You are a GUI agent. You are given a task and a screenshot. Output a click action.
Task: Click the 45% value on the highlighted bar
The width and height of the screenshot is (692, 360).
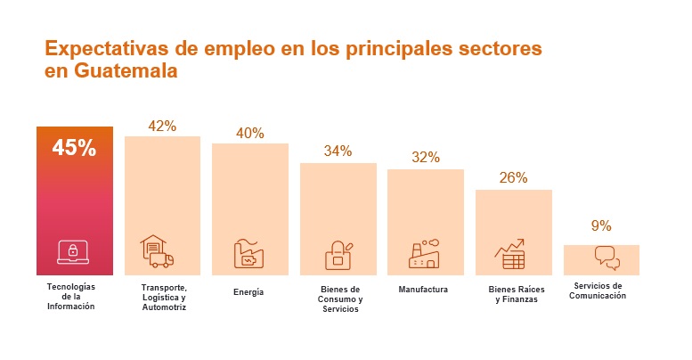tap(75, 148)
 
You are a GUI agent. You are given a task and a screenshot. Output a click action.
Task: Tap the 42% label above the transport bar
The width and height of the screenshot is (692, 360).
tap(162, 126)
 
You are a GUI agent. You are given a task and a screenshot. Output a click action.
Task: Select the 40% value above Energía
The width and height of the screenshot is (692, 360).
tap(250, 133)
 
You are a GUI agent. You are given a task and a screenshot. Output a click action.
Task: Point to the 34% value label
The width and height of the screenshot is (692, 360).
tap(338, 151)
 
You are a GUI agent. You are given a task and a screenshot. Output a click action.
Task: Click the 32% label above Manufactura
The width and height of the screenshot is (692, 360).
tap(426, 158)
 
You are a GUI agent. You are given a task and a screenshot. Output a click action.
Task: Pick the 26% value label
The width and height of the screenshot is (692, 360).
tap(513, 177)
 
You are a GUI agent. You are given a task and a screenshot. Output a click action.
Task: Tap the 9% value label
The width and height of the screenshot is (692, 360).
tap(601, 225)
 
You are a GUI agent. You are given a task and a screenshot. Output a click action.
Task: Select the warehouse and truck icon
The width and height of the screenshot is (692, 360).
tap(157, 252)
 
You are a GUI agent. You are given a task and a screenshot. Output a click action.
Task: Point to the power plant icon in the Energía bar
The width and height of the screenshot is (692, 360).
tap(248, 254)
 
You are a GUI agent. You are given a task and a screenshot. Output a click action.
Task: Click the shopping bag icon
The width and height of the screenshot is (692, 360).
tap(338, 256)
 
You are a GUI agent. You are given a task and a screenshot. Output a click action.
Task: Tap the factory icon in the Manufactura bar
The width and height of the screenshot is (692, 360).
tap(424, 254)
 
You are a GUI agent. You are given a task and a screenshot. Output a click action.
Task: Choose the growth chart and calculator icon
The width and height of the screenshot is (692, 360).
tap(510, 253)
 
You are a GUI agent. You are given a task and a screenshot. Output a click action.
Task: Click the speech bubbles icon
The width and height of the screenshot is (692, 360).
tap(607, 258)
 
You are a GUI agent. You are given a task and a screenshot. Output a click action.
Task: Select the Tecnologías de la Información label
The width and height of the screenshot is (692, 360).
tap(70, 297)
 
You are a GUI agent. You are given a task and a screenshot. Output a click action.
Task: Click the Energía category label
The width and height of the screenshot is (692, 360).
tap(248, 291)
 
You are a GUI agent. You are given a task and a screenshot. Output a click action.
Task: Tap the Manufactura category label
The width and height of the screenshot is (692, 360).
tap(423, 290)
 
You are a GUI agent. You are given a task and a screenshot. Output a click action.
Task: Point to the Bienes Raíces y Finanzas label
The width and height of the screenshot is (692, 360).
tap(514, 295)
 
